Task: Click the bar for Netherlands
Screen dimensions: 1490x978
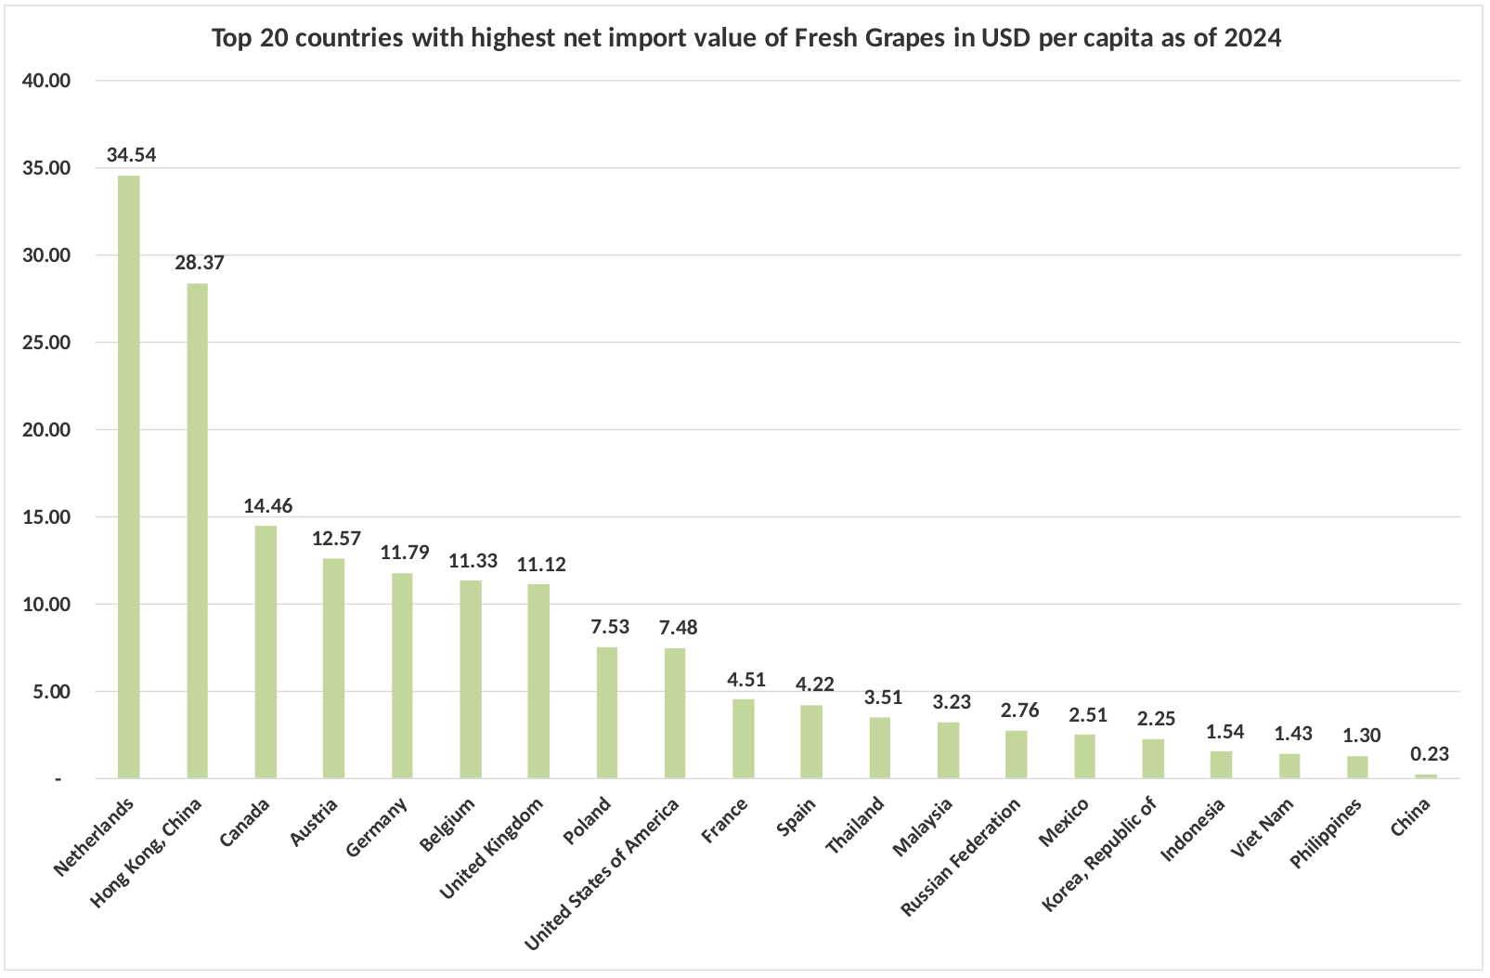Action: (129, 477)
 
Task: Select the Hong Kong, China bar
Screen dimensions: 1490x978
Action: (198, 531)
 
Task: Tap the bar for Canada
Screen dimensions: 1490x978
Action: (266, 652)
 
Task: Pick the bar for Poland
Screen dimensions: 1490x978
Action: (607, 712)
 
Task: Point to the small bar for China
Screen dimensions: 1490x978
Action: (1426, 776)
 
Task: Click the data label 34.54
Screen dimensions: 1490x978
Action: (132, 155)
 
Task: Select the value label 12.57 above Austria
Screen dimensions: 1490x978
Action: (337, 539)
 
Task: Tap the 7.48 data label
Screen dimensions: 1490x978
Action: (679, 627)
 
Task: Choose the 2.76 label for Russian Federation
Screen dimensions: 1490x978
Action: (1019, 711)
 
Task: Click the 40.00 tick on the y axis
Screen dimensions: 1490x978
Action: (46, 81)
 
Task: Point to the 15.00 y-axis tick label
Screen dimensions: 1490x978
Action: (46, 517)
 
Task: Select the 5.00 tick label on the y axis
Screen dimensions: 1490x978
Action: (51, 692)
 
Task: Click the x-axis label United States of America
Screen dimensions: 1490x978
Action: (602, 874)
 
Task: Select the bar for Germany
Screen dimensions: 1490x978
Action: (402, 675)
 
